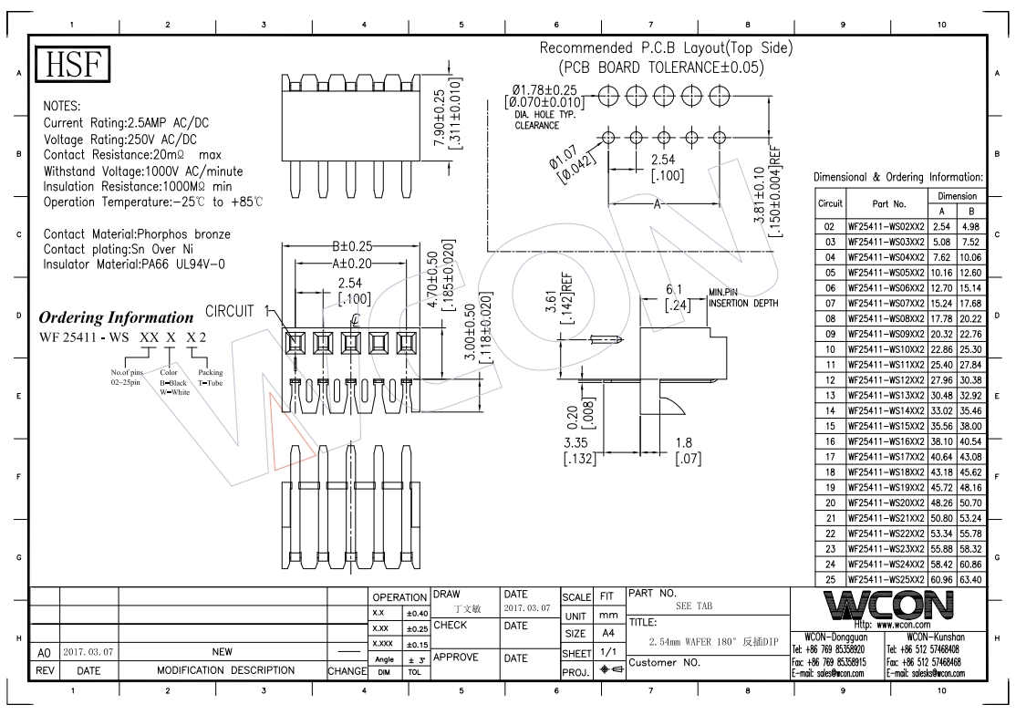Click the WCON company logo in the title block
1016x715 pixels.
[x=891, y=605]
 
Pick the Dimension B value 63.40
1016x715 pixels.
[x=969, y=579]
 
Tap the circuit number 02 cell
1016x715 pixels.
[x=830, y=226]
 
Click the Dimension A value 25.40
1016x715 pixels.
[x=942, y=365]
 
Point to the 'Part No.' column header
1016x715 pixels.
[x=888, y=203]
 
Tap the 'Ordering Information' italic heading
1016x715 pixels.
[x=116, y=318]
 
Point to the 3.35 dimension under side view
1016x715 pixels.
[x=580, y=443]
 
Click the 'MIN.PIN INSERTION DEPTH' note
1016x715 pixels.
[x=742, y=298]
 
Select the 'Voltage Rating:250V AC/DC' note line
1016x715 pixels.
[x=119, y=140]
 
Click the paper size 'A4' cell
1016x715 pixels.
[x=606, y=634]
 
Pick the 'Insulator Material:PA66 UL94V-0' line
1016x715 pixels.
[x=134, y=264]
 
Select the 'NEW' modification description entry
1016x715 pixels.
[x=222, y=652]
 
